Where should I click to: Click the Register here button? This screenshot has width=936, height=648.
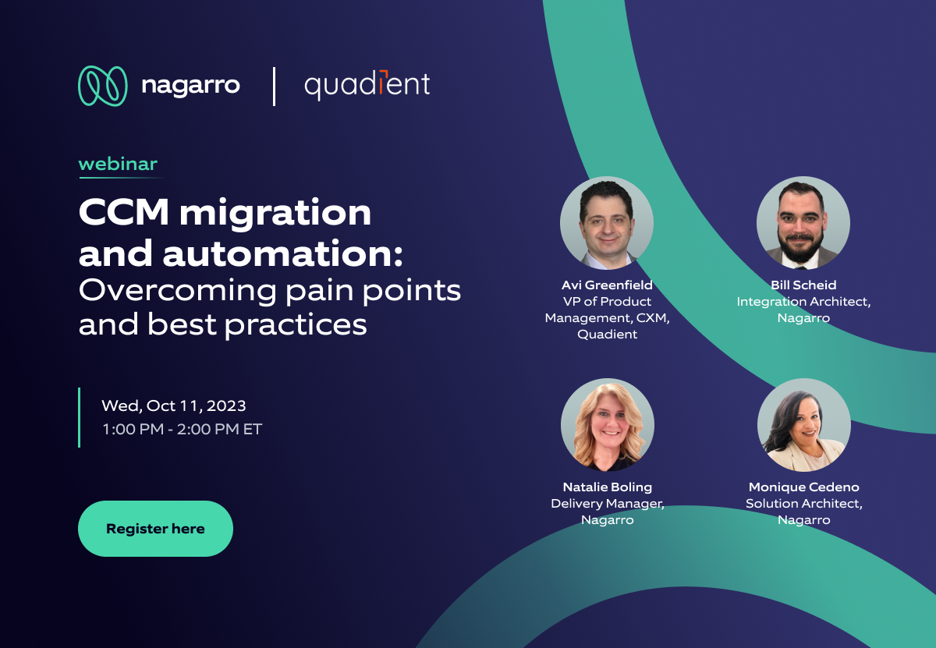155,529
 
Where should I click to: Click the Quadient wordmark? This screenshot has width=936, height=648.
367,85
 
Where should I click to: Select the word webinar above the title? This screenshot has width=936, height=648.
118,164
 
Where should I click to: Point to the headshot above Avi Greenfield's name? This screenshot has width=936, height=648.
607,223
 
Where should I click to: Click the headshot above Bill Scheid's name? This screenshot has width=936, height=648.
803,223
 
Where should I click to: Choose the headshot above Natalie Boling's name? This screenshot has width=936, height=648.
607,425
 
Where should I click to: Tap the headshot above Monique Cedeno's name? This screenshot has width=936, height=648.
803,425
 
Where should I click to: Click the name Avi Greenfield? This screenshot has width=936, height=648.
607,285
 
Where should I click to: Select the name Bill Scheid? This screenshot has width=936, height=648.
803,285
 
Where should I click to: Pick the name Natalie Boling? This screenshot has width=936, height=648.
607,487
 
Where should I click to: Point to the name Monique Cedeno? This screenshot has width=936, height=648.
803,487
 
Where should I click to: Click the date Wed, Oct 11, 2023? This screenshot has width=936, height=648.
174,405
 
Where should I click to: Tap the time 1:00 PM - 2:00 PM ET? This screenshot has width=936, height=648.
182,429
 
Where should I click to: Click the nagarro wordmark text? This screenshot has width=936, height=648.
190,85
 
